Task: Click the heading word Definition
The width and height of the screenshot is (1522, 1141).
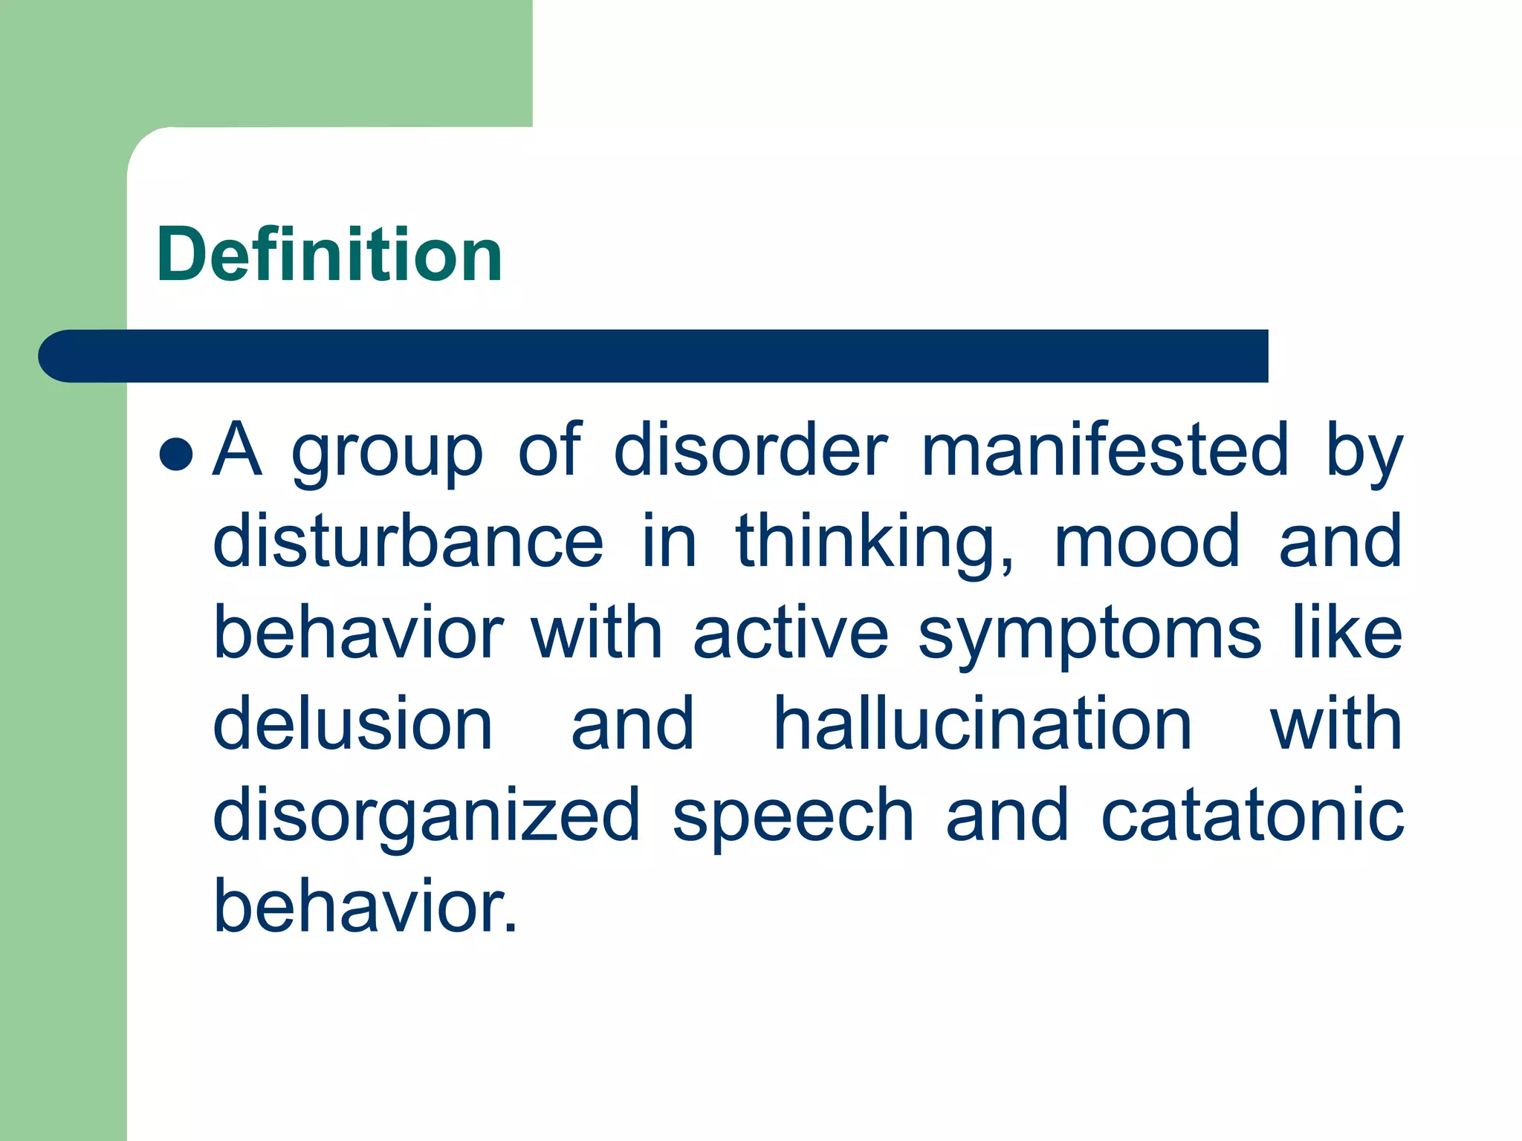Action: [x=329, y=255]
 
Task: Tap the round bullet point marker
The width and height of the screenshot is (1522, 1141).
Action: [x=176, y=453]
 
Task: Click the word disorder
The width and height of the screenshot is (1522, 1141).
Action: [x=751, y=449]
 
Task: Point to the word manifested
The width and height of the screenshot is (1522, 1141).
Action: [x=1105, y=449]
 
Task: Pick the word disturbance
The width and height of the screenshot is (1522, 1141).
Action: [x=408, y=541]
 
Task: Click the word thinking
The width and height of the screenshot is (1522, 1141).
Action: [x=875, y=542]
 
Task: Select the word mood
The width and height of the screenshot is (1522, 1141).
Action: [x=1147, y=541]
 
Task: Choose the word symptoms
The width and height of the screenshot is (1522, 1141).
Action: [x=1089, y=636]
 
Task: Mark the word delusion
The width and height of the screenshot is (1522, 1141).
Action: [x=353, y=724]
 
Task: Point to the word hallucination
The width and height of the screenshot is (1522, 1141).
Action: [x=982, y=724]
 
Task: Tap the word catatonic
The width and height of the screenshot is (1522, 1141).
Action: [x=1252, y=816]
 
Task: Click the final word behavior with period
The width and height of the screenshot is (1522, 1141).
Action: [x=364, y=906]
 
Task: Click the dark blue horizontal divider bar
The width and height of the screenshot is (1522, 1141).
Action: [x=654, y=356]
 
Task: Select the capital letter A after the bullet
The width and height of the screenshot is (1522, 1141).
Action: [x=238, y=449]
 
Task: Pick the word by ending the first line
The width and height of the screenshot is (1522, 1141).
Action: [x=1364, y=453]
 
